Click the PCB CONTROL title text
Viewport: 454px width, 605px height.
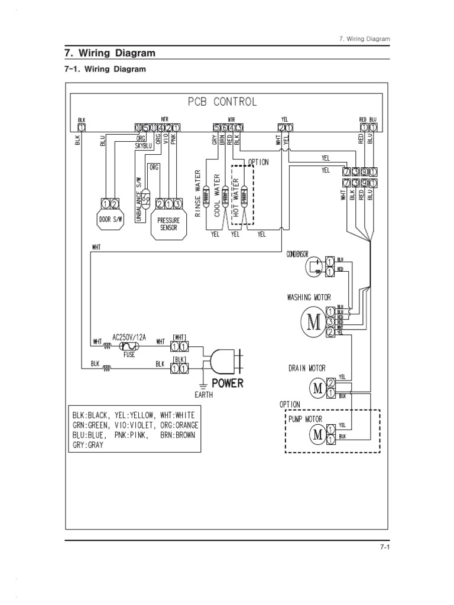[x=222, y=102]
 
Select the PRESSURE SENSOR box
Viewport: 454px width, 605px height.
[x=168, y=223]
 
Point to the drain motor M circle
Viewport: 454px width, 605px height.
[x=317, y=388]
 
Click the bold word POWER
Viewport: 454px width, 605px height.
[x=228, y=383]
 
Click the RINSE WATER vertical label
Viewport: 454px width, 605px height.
[x=199, y=194]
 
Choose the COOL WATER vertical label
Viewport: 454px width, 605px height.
[x=217, y=195]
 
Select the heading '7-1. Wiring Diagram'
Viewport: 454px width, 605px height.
[x=105, y=69]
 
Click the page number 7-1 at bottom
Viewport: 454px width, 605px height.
[x=386, y=548]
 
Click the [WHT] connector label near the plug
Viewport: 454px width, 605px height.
[x=180, y=336]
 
